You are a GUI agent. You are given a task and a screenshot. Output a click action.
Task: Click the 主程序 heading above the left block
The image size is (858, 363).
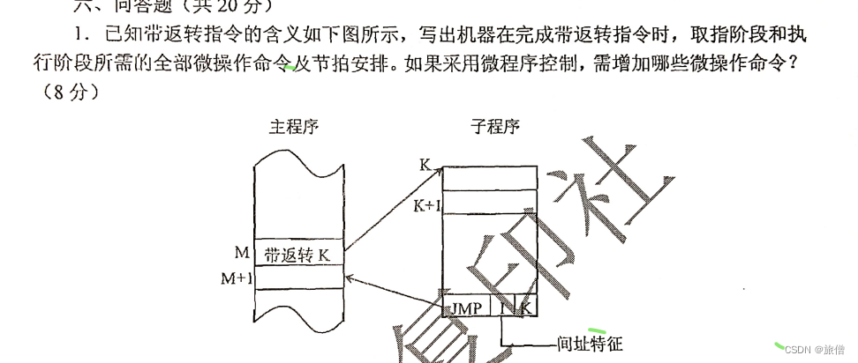pyautogui.click(x=293, y=126)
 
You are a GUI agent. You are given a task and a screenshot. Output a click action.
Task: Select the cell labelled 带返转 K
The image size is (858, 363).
pyautogui.click(x=297, y=256)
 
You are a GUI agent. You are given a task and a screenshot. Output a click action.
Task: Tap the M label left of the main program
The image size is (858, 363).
pyautogui.click(x=241, y=254)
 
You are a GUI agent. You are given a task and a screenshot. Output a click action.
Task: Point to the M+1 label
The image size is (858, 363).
pyautogui.click(x=237, y=278)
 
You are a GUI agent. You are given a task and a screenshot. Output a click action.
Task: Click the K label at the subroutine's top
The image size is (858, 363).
pyautogui.click(x=425, y=165)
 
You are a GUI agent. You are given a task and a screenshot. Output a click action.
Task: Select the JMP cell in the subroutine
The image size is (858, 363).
pyautogui.click(x=466, y=309)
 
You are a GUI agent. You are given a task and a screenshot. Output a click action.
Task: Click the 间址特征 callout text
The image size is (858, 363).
pyautogui.click(x=591, y=344)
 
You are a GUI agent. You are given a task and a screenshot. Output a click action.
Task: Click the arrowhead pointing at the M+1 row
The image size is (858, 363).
pyautogui.click(x=350, y=278)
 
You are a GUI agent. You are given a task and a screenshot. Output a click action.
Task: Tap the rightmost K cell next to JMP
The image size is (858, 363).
pyautogui.click(x=526, y=309)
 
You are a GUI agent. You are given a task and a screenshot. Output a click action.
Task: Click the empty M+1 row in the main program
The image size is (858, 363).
pyautogui.click(x=297, y=278)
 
